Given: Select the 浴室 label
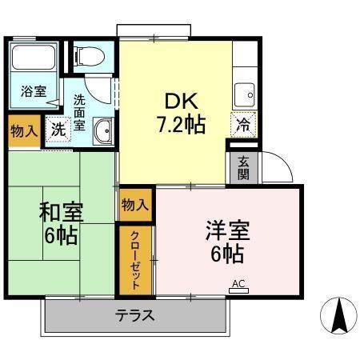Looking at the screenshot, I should (33, 92).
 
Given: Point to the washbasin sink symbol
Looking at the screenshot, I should (102, 131).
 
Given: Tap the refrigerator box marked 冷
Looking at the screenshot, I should (243, 124).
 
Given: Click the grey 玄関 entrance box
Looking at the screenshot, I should (242, 168).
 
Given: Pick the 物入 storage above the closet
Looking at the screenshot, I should (134, 205).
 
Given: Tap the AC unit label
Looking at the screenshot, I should (238, 283).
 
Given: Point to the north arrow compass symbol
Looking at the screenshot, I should (337, 315).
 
